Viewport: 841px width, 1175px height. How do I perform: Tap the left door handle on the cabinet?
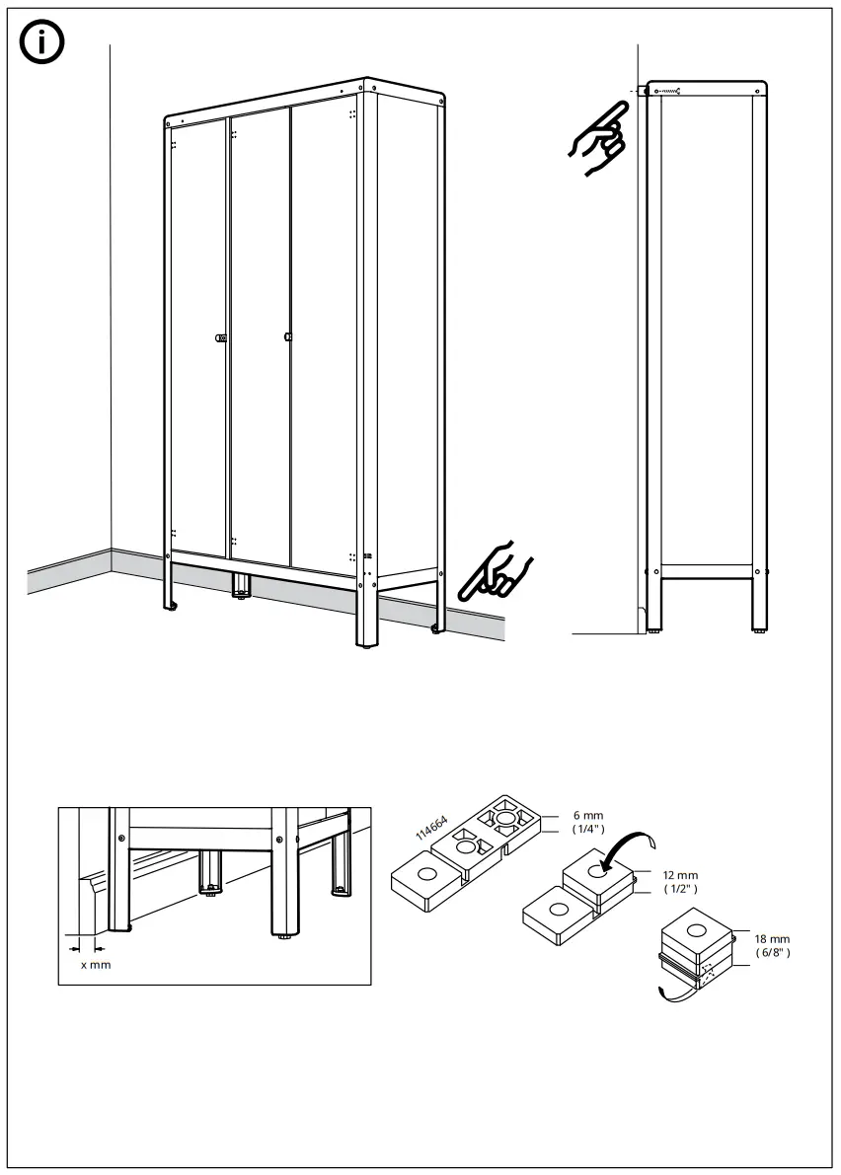coord(221,338)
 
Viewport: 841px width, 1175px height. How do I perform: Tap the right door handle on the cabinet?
coord(287,336)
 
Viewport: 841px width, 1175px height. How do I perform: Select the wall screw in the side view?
coord(668,92)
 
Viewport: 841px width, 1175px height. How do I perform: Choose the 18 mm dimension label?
coord(771,945)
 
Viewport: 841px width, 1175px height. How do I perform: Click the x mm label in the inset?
coord(96,964)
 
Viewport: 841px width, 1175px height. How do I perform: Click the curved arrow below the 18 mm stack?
coord(675,991)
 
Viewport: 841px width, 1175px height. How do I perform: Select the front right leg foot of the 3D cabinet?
coord(367,645)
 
